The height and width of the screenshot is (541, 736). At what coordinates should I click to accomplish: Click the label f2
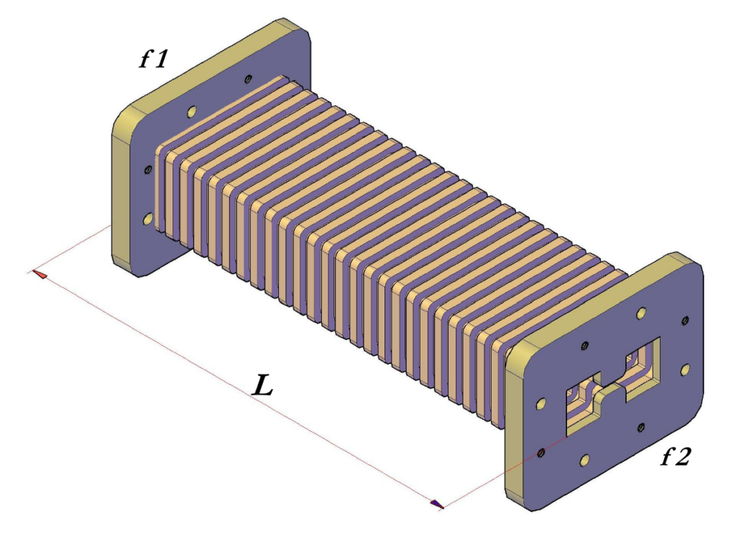pyautogui.click(x=675, y=455)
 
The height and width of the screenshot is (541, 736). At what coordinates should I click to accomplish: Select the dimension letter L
pyautogui.click(x=263, y=387)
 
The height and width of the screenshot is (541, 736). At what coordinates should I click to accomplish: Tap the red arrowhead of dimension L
pyautogui.click(x=39, y=274)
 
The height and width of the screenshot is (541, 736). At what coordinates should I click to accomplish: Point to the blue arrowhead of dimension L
pyautogui.click(x=436, y=504)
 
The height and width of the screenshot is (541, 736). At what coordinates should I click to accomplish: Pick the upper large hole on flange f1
pyautogui.click(x=191, y=112)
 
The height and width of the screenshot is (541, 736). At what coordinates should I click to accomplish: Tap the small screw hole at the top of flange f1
pyautogui.click(x=248, y=78)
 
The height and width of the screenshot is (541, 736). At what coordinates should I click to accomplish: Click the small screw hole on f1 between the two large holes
pyautogui.click(x=148, y=169)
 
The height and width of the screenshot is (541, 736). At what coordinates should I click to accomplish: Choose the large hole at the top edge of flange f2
pyautogui.click(x=640, y=314)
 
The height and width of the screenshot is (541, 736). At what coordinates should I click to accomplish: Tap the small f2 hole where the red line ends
pyautogui.click(x=540, y=453)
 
